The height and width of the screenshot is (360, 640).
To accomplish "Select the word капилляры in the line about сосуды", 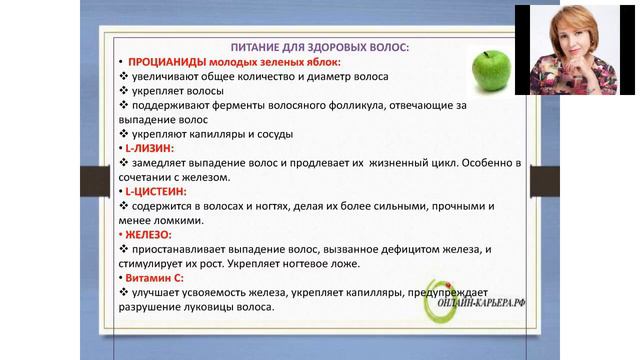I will (x=207, y=133).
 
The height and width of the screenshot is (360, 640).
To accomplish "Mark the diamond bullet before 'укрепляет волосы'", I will (x=123, y=90).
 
